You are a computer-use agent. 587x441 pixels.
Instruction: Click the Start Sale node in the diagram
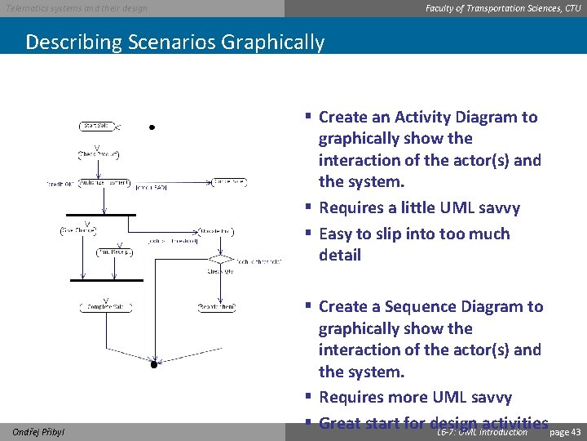[98, 126]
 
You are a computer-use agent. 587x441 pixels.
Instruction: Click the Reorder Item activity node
[218, 307]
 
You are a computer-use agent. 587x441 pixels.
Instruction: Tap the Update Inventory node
[216, 232]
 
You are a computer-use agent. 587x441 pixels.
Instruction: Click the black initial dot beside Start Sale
[152, 128]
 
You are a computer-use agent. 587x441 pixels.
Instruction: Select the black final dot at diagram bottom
[152, 365]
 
